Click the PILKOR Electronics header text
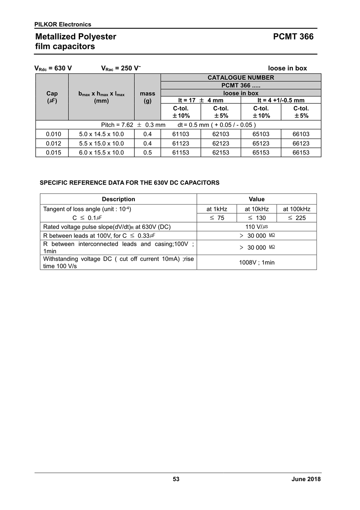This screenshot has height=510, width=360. coord(63,24)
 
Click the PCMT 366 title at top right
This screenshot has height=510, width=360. coord(293,37)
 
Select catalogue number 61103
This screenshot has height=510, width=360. coord(181,134)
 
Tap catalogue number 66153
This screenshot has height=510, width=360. coord(301,153)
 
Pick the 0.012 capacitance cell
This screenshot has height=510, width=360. coord(52,143)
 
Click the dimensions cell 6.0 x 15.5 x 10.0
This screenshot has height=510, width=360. coord(102,153)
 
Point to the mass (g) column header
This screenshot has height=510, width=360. coord(148,97)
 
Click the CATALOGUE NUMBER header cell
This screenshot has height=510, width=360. coord(241,78)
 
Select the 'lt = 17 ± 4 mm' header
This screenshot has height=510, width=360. coord(201,100)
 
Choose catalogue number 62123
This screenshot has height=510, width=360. coord(221,143)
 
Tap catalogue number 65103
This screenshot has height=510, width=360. coord(261,134)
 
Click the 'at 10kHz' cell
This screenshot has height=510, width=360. coord(256,209)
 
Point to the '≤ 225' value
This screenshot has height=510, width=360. coord(296,218)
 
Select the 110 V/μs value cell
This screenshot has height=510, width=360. coord(256,227)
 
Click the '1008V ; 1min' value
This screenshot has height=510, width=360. coord(256,262)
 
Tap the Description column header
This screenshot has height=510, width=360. coord(118,199)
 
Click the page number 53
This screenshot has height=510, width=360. coord(176,479)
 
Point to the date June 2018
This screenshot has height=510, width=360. coord(306,479)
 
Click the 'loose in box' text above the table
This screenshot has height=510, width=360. coord(287,68)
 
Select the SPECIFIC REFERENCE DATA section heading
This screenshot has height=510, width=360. coord(130,183)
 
